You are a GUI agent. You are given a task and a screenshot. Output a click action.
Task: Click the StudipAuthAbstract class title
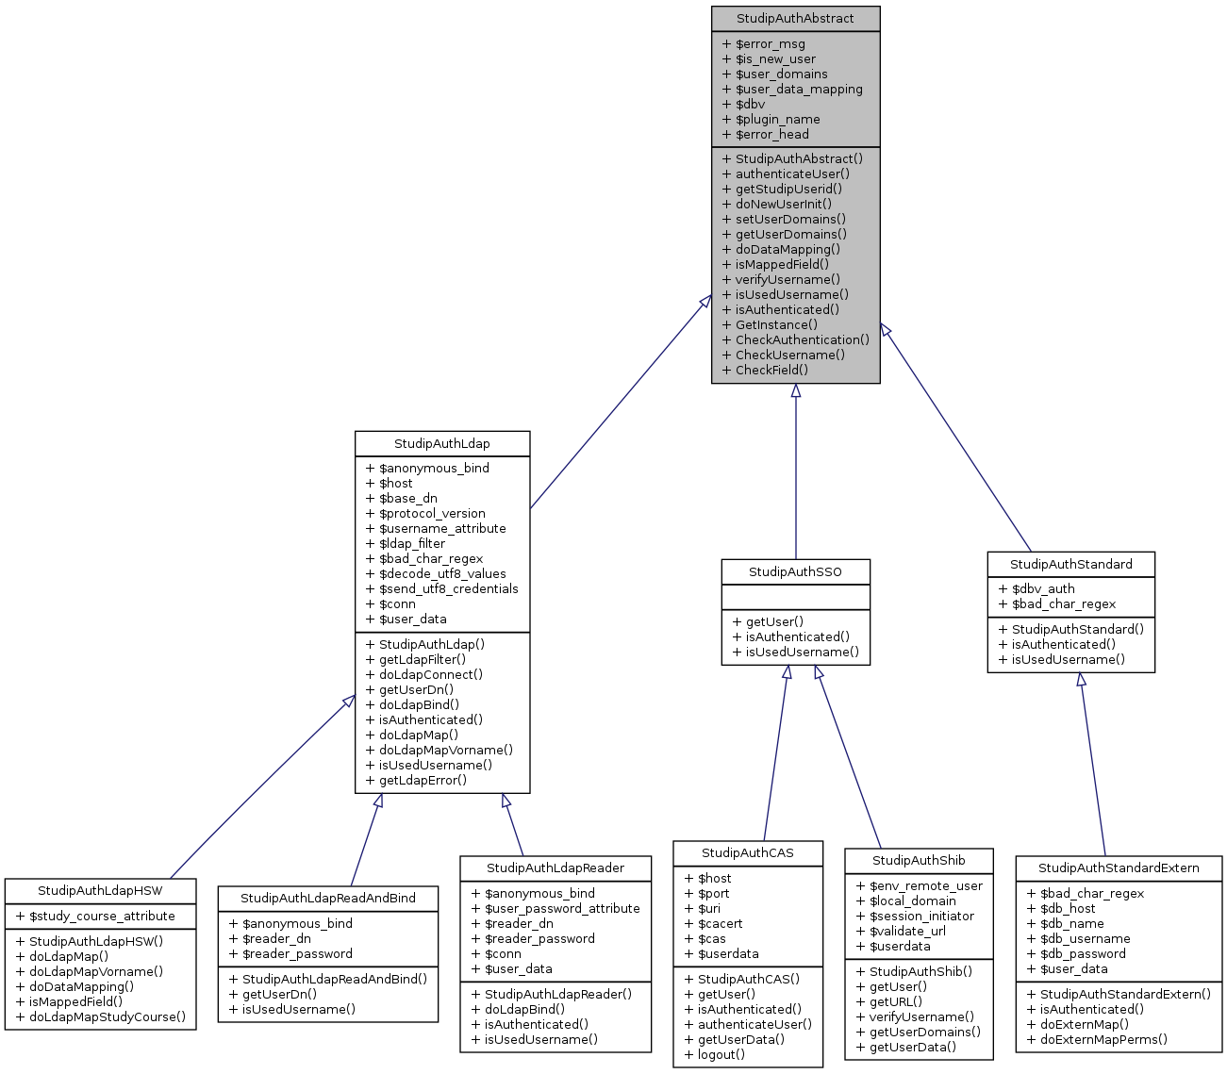point(795,19)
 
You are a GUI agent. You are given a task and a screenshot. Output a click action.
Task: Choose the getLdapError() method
point(423,781)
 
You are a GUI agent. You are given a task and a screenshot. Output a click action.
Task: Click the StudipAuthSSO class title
point(795,572)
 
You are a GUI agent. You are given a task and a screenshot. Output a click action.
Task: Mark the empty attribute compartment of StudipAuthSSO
point(795,597)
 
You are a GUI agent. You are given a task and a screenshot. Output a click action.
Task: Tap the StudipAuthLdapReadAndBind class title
point(328,899)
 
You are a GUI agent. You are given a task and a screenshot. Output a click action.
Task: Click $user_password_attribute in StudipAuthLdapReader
point(562,909)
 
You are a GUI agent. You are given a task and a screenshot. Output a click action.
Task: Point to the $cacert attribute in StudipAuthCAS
point(720,924)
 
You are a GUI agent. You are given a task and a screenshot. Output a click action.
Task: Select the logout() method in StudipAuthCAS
point(721,1055)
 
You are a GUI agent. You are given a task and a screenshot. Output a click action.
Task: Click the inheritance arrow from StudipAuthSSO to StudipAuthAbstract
point(795,471)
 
